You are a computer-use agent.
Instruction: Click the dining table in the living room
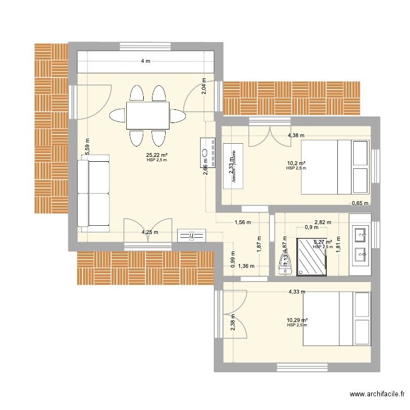(x=148, y=115)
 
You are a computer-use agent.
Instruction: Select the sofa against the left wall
(x=93, y=190)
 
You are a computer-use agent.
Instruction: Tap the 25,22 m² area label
(x=156, y=155)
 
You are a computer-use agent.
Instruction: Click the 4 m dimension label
(x=145, y=61)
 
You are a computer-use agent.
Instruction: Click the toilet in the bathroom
(x=285, y=261)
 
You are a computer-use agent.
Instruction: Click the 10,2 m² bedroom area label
(x=296, y=163)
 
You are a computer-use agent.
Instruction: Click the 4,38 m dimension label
(x=296, y=136)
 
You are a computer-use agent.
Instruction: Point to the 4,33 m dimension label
(x=297, y=292)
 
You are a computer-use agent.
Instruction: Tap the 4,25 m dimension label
(x=150, y=232)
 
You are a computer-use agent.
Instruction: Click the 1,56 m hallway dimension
(x=242, y=222)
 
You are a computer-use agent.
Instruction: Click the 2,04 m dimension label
(x=203, y=86)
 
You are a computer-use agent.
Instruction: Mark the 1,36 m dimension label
(x=247, y=266)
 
